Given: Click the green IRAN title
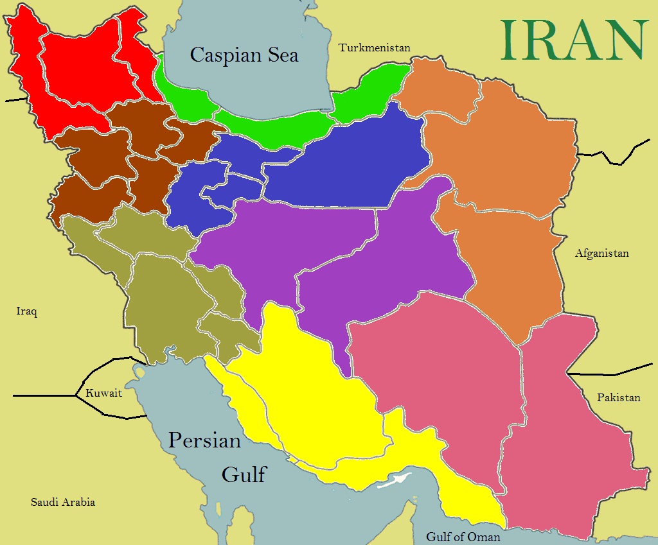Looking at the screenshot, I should (x=573, y=40).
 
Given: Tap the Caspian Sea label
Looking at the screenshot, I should (x=244, y=55).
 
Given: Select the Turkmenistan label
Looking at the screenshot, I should (x=374, y=48).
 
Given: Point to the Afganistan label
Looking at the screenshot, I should (x=601, y=253).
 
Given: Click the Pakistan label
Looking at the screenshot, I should (x=618, y=397).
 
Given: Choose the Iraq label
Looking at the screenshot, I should (x=27, y=312).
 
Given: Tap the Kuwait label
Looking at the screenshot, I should (x=103, y=393).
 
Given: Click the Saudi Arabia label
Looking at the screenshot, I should (x=63, y=502).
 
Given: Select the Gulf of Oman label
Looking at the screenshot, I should (x=463, y=537).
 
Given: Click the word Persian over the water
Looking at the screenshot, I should (x=204, y=441).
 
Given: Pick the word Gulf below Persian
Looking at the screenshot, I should (x=244, y=474).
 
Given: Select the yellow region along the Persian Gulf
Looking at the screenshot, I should (x=308, y=398).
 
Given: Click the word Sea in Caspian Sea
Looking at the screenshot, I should (x=281, y=55).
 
